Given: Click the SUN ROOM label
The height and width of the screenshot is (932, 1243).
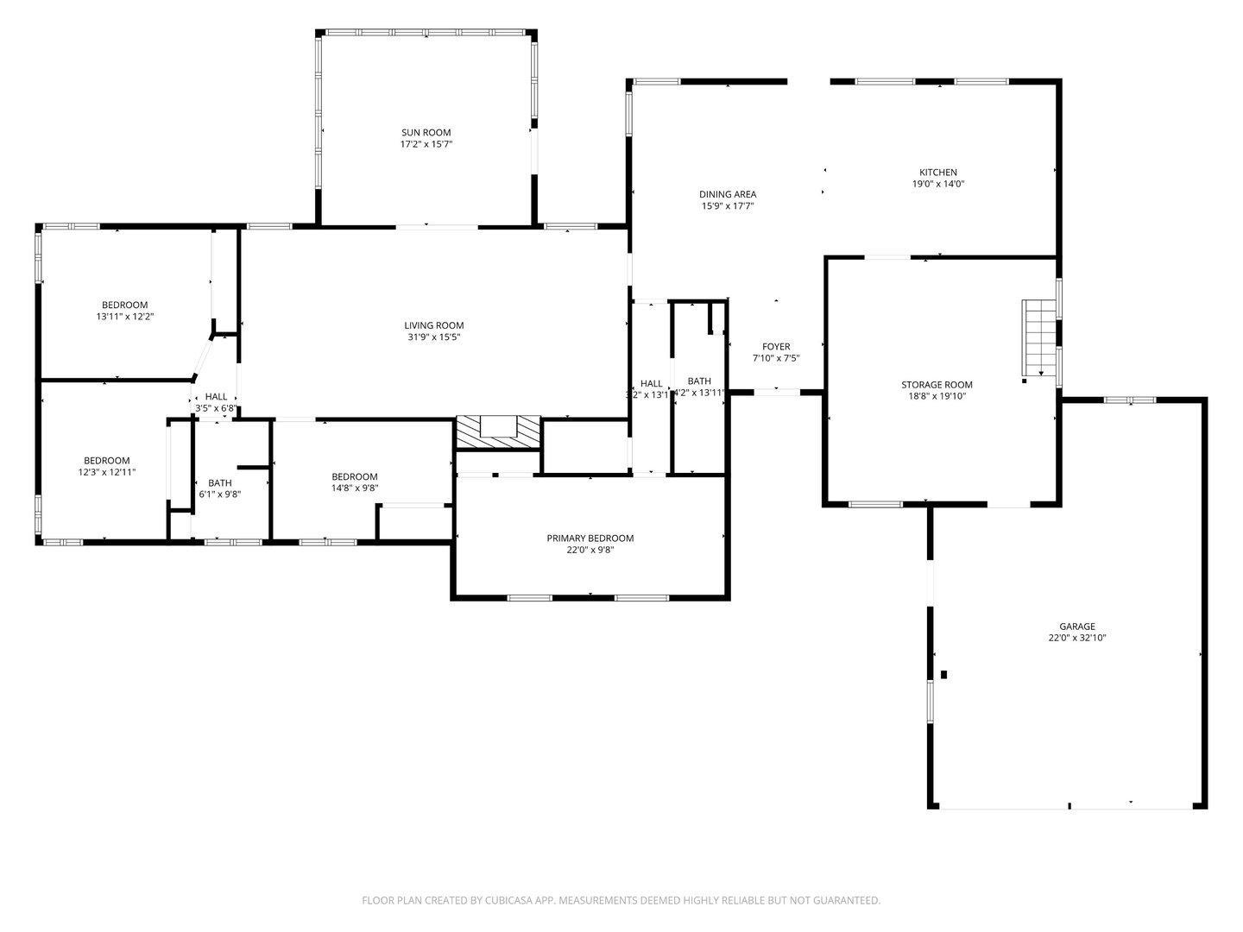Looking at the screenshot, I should click(426, 133).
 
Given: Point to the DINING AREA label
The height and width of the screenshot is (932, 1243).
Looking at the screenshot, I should click(727, 194).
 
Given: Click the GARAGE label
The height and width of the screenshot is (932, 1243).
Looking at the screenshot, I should click(1076, 627).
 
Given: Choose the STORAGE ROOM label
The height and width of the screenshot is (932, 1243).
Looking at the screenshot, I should click(937, 385).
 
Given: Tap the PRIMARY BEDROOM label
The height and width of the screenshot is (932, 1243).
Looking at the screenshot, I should click(590, 538).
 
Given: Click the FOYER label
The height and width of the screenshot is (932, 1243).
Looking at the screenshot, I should click(775, 347).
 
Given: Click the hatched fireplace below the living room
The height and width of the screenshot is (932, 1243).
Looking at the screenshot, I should click(498, 432).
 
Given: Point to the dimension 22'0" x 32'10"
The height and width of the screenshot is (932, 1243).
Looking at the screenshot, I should click(1076, 639).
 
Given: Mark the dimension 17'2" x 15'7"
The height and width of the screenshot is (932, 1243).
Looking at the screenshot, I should click(426, 145).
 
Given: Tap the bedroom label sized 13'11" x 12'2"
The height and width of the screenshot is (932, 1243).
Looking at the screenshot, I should click(124, 305).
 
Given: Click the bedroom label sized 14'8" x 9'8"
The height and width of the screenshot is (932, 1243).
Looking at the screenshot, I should click(354, 477).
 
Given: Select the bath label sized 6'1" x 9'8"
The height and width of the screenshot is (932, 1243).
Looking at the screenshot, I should click(219, 483).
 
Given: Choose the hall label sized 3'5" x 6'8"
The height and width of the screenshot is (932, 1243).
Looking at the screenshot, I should click(216, 396).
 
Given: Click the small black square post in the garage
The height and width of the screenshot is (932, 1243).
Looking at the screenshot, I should click(944, 674).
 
